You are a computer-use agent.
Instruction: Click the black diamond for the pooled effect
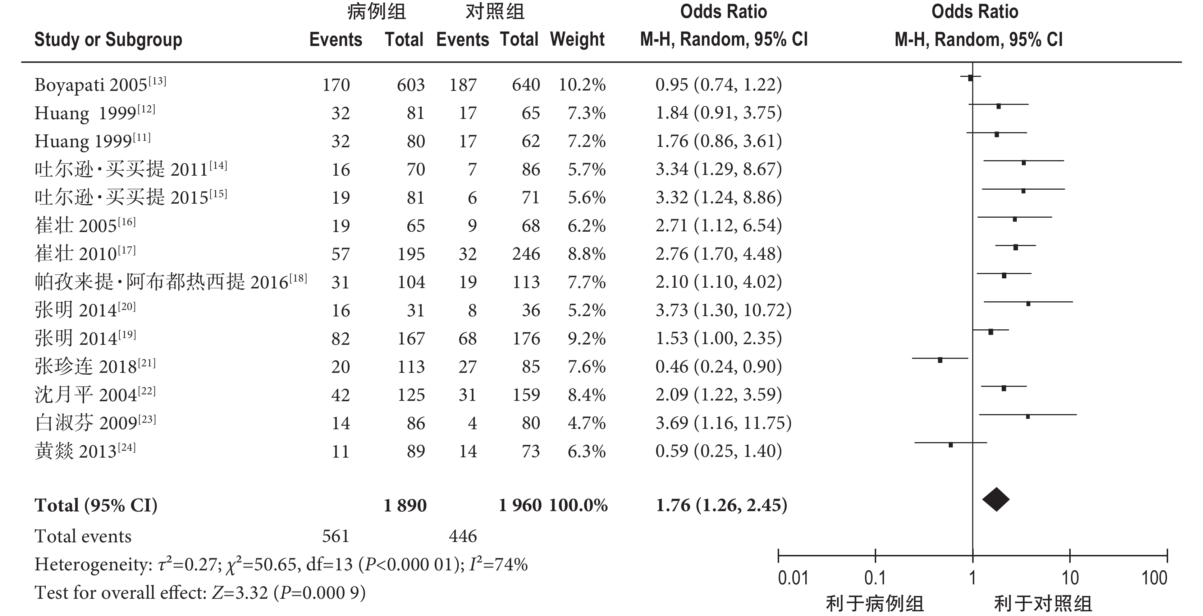point(996,499)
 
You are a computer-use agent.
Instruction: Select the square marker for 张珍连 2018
point(940,360)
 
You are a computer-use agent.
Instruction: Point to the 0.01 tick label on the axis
point(793,578)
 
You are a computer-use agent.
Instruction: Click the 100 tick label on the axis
point(1154,578)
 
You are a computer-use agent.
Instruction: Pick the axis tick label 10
point(1070,578)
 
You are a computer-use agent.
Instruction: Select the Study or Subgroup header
point(108,40)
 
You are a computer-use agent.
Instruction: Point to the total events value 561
point(336,536)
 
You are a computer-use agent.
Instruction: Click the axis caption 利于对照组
point(1043,604)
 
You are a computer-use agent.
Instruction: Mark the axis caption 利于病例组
point(875,604)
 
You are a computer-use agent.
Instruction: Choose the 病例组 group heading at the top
point(376,11)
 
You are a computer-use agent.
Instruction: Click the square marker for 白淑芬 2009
point(1028,416)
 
